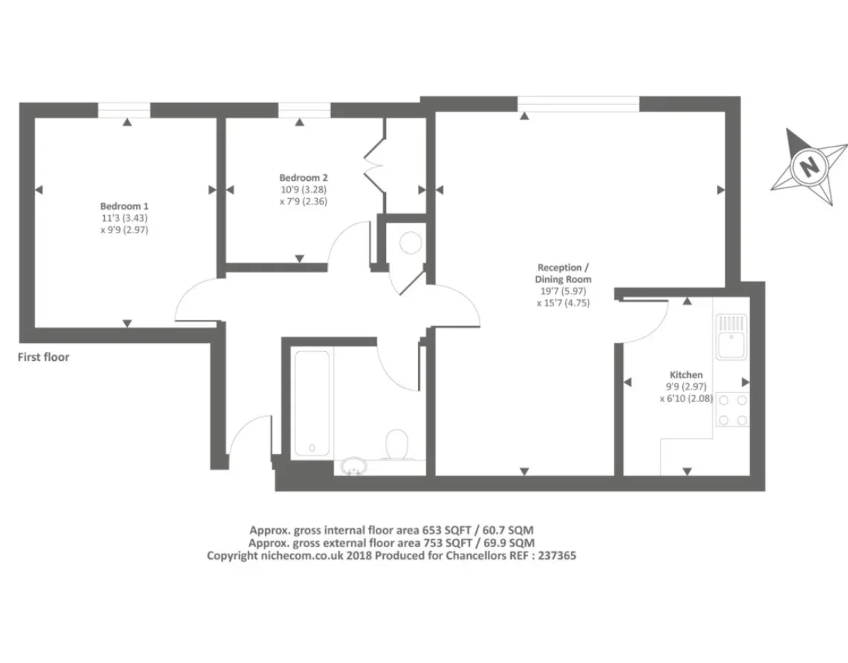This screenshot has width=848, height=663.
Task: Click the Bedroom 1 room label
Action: (x=124, y=206)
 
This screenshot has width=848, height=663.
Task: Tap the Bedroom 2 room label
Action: (x=303, y=177)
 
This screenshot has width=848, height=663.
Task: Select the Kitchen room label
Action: (x=687, y=375)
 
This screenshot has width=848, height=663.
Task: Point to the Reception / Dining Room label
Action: (x=563, y=273)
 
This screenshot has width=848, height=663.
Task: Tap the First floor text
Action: (x=43, y=357)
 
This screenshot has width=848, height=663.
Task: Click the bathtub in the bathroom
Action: (x=312, y=403)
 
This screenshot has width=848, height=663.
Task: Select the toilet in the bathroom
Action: (x=397, y=444)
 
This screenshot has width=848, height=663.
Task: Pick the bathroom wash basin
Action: (x=353, y=466)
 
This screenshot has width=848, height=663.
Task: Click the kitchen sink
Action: (x=732, y=337)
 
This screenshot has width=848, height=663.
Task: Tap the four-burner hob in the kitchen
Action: (x=733, y=409)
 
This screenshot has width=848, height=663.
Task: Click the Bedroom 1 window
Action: (x=123, y=110)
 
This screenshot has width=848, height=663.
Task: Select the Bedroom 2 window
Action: (x=304, y=110)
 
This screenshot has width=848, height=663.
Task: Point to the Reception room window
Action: (x=578, y=104)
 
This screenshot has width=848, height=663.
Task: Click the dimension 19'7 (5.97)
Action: (x=563, y=291)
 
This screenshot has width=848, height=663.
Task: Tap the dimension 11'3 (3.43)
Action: (x=123, y=218)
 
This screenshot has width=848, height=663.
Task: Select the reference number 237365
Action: (x=556, y=555)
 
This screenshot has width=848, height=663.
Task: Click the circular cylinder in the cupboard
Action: (x=411, y=243)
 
